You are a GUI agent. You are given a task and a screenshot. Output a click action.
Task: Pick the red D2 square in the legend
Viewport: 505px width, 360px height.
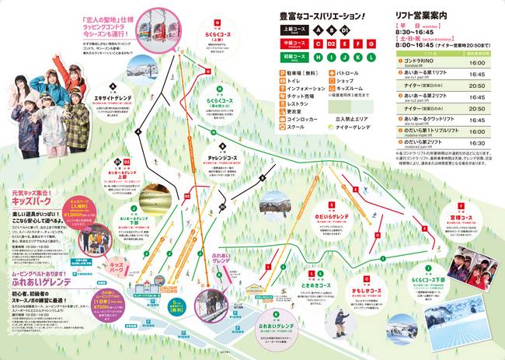[x=329, y=44]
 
